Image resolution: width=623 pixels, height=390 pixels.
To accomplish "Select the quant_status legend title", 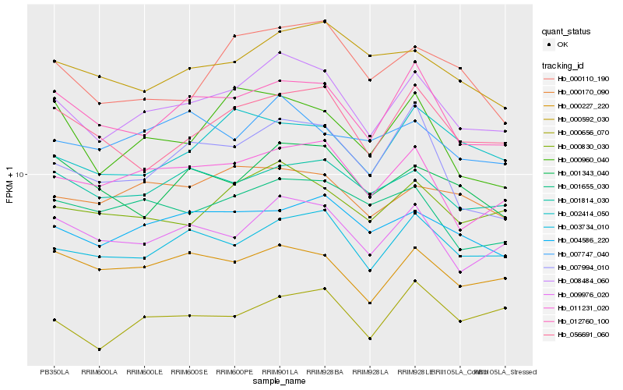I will pos(567,31).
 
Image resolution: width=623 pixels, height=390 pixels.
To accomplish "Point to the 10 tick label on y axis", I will pos(22,175).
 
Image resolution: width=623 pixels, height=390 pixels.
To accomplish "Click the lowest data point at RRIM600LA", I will pos(100,349).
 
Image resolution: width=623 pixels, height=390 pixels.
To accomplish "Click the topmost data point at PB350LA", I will pos(55,61).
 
